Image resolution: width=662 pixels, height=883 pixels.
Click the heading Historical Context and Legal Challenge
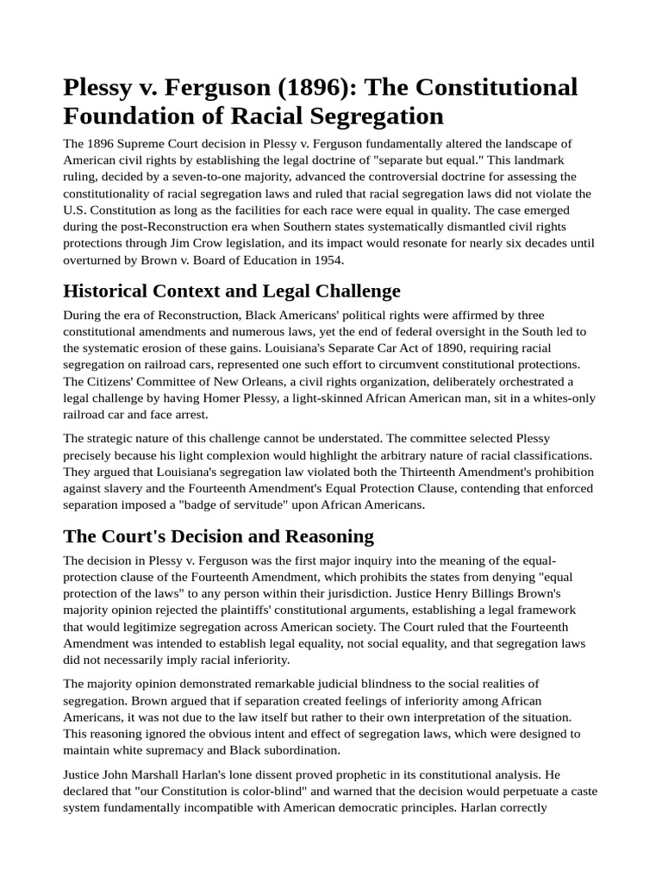coord(231,291)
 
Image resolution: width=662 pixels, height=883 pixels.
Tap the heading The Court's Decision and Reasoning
coord(218,535)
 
